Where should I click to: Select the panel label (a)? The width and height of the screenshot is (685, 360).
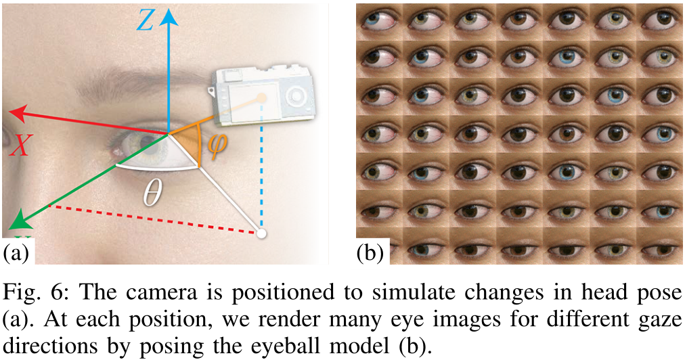(x=16, y=254)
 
